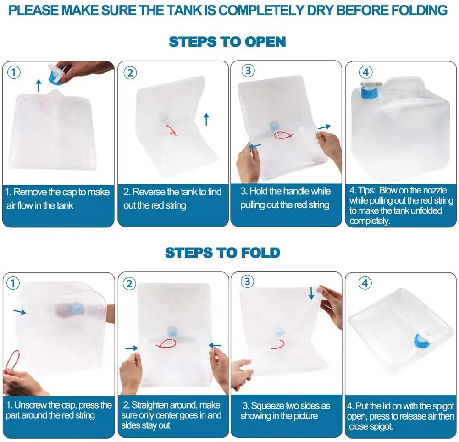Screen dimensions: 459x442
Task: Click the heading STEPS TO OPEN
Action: tap(227, 42)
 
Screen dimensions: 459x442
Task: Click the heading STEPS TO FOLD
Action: tap(222, 253)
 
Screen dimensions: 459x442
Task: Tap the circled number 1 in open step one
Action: tap(14, 72)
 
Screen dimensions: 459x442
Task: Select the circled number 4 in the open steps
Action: tap(365, 72)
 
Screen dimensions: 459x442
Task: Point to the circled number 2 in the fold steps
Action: tap(130, 284)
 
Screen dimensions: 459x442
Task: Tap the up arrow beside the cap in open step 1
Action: tap(39, 85)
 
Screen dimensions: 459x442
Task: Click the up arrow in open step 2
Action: tap(206, 119)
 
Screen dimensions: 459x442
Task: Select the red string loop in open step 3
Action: tap(284, 136)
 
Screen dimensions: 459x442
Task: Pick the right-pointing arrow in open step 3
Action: tap(324, 127)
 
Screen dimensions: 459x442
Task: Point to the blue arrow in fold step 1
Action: tap(20, 312)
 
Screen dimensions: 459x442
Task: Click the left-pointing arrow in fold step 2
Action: tap(215, 345)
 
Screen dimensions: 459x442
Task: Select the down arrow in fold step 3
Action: tap(311, 293)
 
